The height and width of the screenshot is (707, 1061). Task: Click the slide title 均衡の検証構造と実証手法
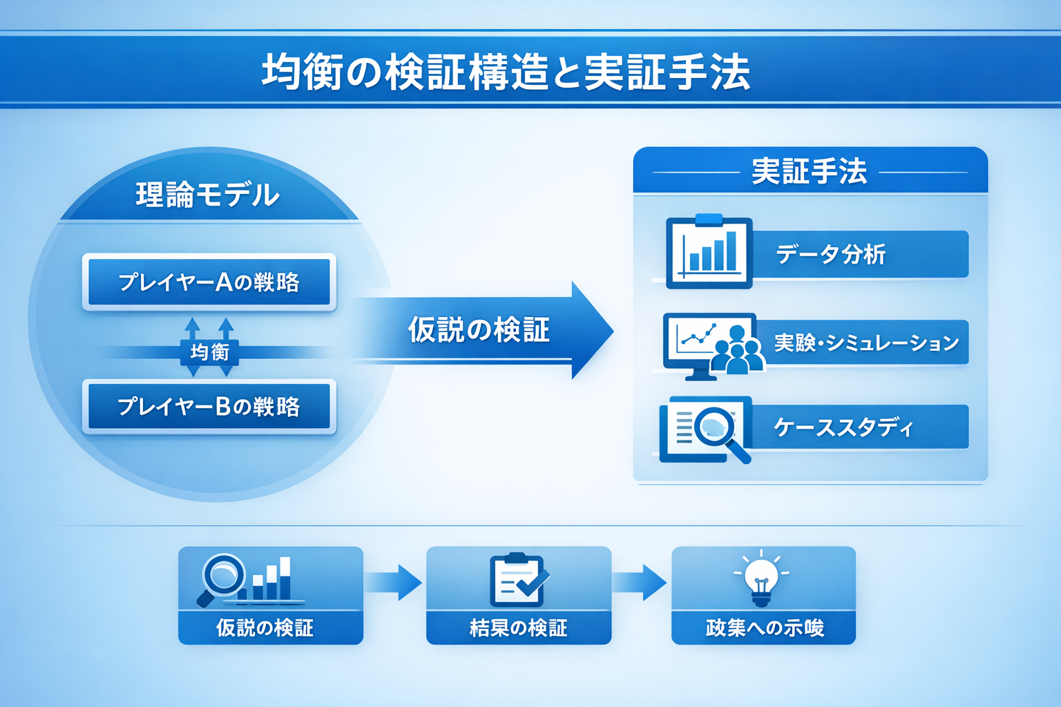coord(506,72)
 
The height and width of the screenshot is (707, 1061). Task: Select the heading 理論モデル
coord(207,195)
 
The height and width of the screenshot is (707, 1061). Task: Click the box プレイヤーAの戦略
coord(209,282)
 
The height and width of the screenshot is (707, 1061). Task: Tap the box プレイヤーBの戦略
coord(209,406)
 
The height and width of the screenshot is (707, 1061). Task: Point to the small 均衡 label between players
coord(209,352)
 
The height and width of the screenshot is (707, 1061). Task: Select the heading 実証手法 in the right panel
coord(809,171)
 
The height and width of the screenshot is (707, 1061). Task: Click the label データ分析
coord(830,254)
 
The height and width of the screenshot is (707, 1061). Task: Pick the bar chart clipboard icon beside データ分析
coord(709,252)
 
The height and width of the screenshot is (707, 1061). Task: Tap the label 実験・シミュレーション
coord(866,342)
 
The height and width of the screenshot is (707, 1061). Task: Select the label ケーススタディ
coord(843,427)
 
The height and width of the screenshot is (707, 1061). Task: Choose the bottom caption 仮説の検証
coord(265,628)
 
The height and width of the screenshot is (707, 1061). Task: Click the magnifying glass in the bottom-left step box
coord(222,577)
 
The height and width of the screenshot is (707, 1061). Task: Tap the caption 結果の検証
coord(518,628)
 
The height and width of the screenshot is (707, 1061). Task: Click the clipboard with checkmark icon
coord(517,579)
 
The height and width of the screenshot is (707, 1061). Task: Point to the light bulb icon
coord(762,579)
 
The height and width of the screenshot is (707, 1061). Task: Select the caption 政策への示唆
coord(764,628)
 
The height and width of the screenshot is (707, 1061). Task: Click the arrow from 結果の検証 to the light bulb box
coord(640,582)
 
